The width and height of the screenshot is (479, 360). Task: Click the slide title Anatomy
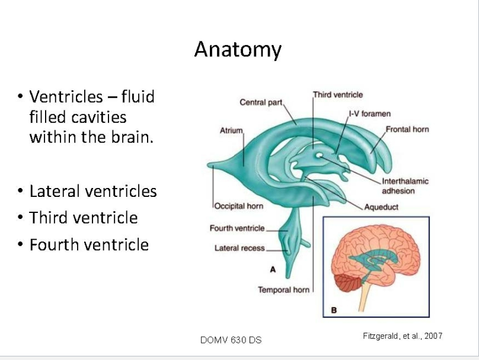pyautogui.click(x=237, y=49)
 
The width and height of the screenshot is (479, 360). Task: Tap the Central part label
pyautogui.click(x=261, y=103)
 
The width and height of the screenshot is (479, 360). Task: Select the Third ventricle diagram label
pyautogui.click(x=337, y=94)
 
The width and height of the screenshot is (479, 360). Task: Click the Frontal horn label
pyautogui.click(x=407, y=129)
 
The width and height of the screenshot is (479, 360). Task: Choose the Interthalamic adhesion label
pyautogui.click(x=405, y=186)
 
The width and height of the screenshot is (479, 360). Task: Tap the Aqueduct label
pyautogui.click(x=382, y=207)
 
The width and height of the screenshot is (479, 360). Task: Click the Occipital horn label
pyautogui.click(x=238, y=206)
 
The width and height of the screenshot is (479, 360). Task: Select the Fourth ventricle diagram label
pyautogui.click(x=237, y=228)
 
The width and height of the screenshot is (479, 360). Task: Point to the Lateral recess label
pyautogui.click(x=239, y=248)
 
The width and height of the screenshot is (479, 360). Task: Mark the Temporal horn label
pyautogui.click(x=283, y=289)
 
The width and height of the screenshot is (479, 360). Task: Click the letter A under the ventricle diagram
pyautogui.click(x=273, y=269)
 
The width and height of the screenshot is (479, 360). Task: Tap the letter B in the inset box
pyautogui.click(x=333, y=310)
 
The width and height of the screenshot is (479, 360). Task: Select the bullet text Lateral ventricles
pyautogui.click(x=92, y=192)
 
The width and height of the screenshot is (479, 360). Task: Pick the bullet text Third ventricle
pyautogui.click(x=83, y=218)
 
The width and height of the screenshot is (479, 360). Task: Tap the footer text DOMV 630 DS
pyautogui.click(x=231, y=340)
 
